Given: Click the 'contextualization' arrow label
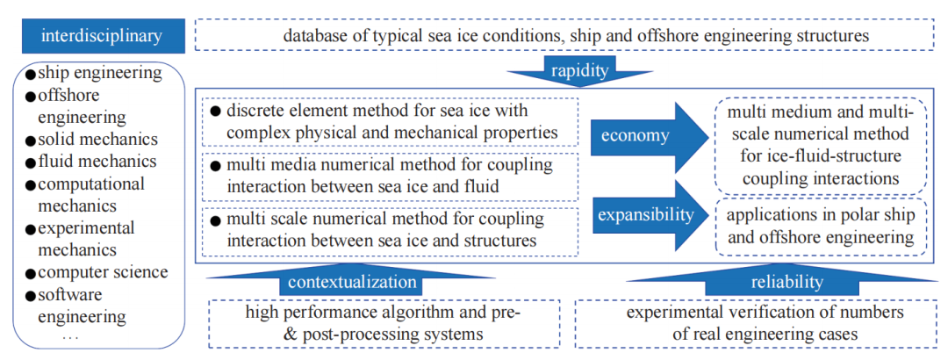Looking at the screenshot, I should click(x=351, y=282).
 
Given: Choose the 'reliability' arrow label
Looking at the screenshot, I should click(x=787, y=282).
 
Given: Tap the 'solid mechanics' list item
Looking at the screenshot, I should click(x=97, y=139).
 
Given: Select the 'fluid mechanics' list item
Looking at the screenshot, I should click(x=97, y=161).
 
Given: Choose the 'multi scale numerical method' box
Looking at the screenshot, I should click(x=391, y=229).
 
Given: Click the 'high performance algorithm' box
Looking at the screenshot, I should click(x=384, y=322).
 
